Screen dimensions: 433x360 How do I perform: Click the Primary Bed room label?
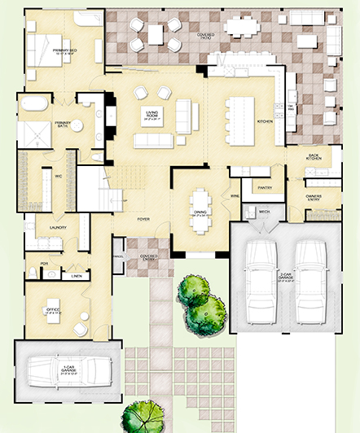click(64, 51)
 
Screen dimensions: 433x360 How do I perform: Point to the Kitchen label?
click(265, 120)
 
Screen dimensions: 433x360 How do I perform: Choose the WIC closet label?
click(59, 173)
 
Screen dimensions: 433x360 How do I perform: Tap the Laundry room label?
click(57, 227)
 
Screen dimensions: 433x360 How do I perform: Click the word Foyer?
click(143, 219)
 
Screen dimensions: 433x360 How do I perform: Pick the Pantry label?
click(264, 188)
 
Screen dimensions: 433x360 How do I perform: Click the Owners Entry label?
click(314, 197)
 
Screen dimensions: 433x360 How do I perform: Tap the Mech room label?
click(264, 212)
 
